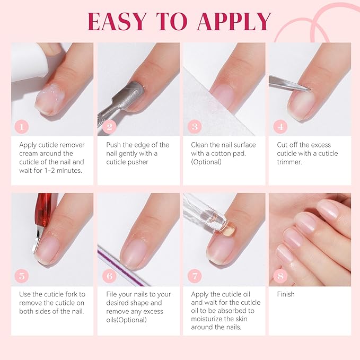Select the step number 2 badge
pos(109,127)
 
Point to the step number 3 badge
pos(195,127)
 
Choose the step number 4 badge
pos(280,127)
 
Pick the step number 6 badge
pos(109,276)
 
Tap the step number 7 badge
pos(195,276)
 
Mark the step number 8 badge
pos(280,276)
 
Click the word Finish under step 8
pos(286,294)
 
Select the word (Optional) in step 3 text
pos(206,162)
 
